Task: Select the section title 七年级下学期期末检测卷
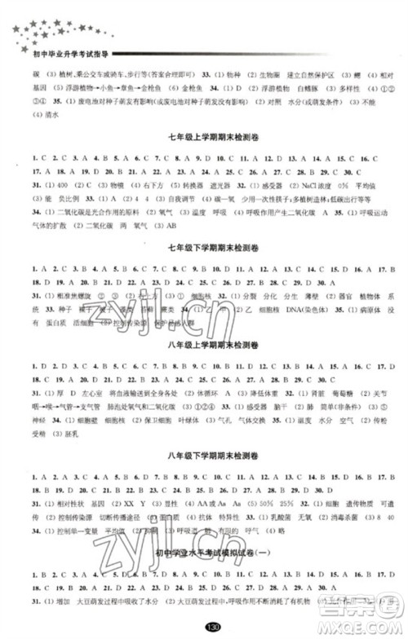[203, 246]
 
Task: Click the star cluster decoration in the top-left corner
[49, 24]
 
